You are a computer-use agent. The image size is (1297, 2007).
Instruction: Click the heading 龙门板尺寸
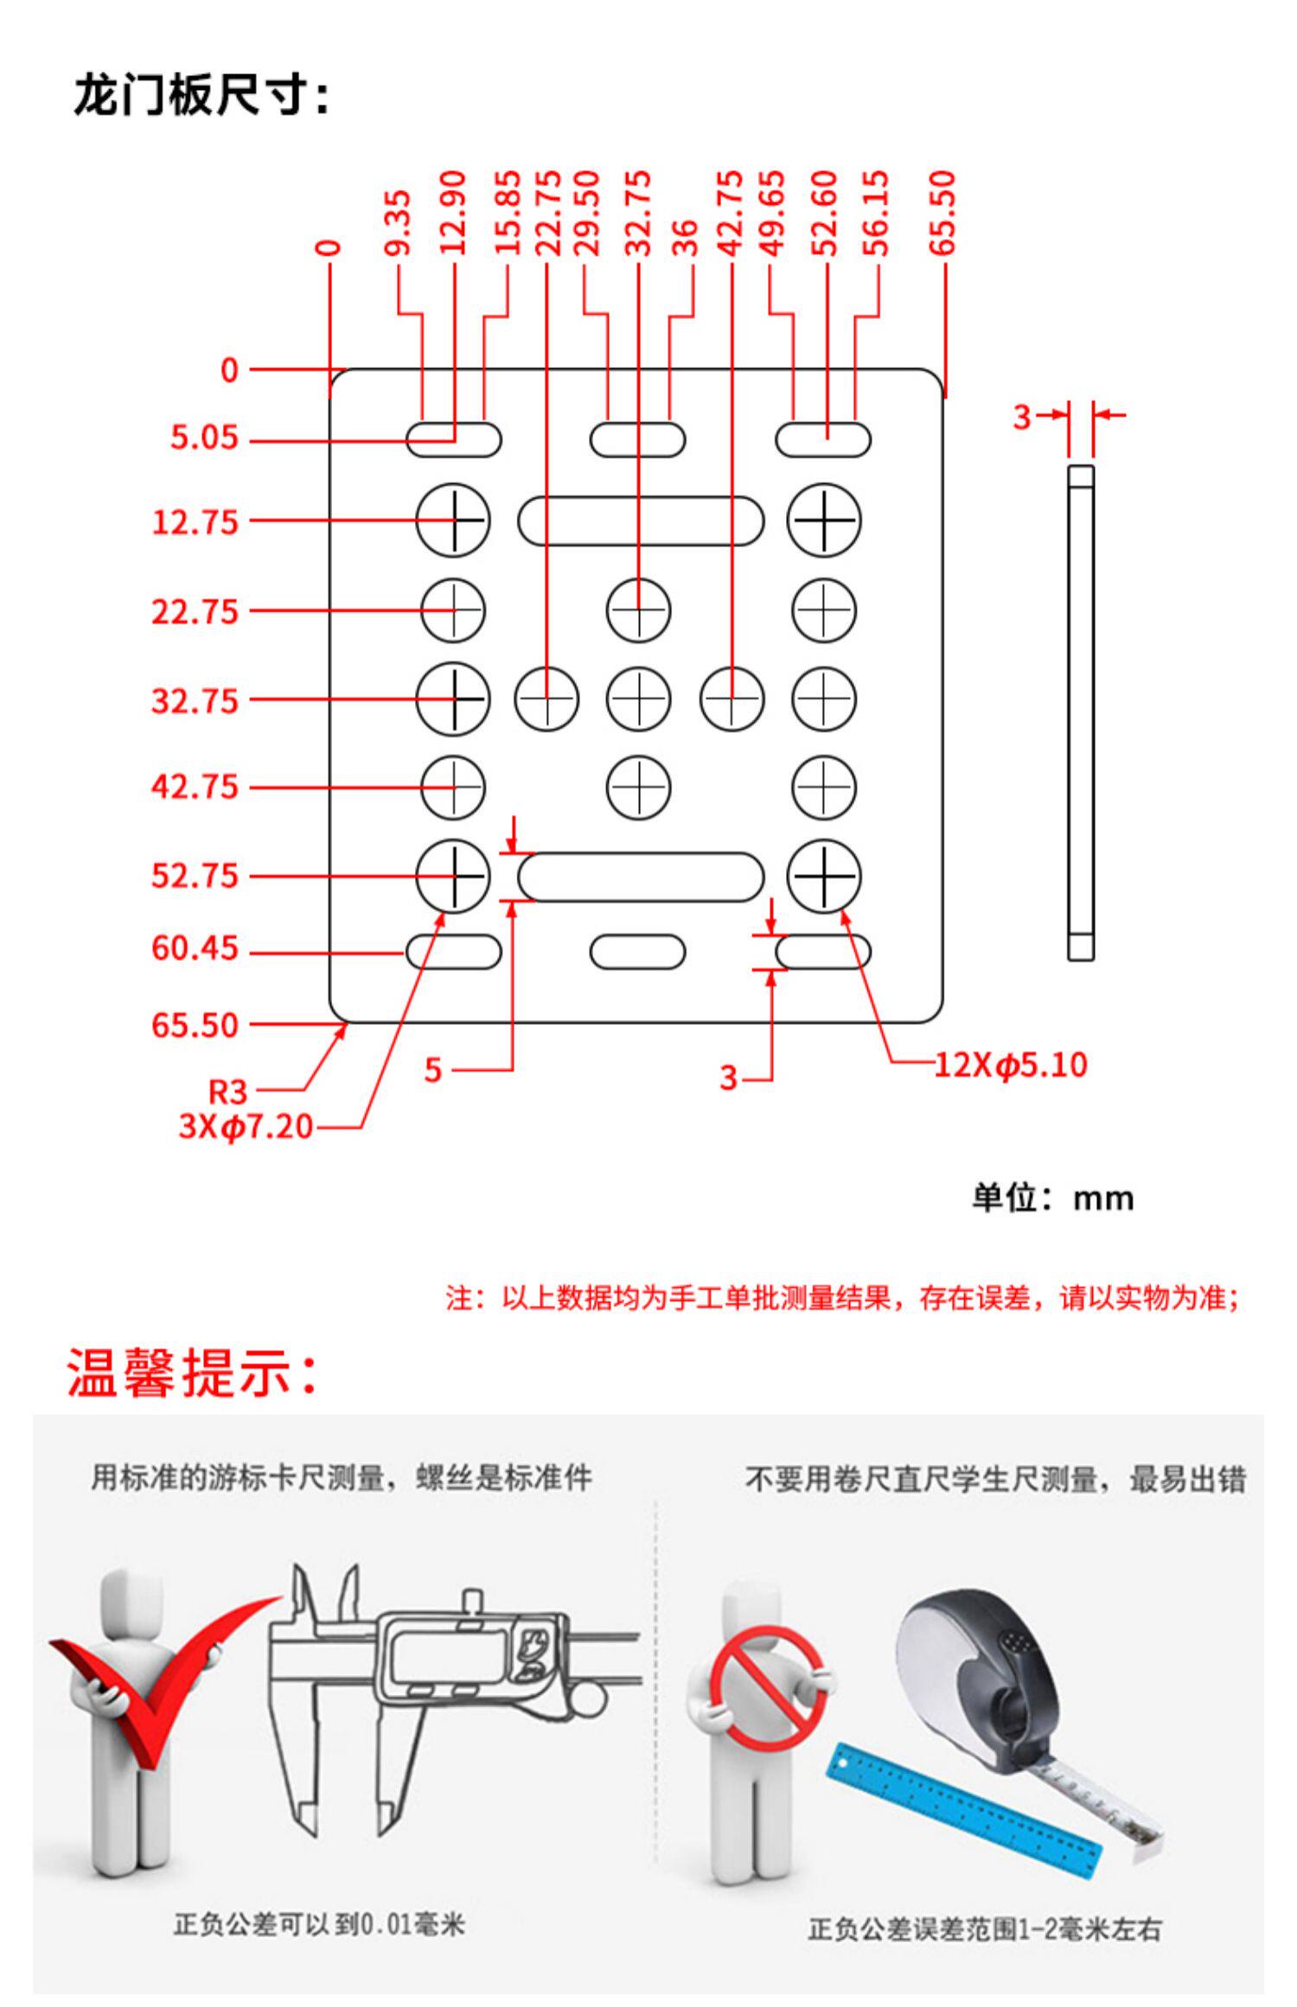pos(201,95)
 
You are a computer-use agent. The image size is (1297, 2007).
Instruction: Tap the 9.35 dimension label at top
pos(398,223)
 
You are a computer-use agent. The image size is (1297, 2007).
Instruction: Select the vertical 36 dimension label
pos(685,239)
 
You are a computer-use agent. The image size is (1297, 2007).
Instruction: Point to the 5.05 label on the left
pos(203,437)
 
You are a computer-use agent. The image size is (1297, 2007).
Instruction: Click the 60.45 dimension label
pos(195,949)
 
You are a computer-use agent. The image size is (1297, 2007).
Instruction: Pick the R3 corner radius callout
pos(228,1092)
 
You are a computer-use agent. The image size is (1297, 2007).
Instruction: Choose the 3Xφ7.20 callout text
pos(246,1126)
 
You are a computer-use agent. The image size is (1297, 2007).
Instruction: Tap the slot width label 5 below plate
pos(433,1070)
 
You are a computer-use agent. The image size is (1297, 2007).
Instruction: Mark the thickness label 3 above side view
pos(1022,417)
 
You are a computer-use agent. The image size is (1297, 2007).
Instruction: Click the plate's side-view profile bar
pos(1080,712)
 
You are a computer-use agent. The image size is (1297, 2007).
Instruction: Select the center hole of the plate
pos(638,698)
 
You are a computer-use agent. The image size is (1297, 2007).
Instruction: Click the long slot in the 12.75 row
pos(641,520)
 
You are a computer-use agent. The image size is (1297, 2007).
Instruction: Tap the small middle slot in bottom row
pos(637,952)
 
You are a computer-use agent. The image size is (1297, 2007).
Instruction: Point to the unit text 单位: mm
pos(1052,1199)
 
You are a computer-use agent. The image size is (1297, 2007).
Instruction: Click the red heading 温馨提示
pos(192,1373)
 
